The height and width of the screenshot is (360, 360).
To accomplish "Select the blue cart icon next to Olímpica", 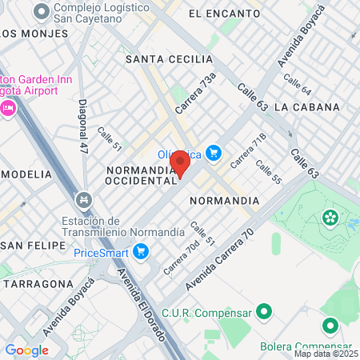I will pos(213,153).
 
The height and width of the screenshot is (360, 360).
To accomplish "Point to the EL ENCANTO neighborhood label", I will pos(224,14).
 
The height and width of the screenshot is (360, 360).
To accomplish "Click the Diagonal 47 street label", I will pos(83,126).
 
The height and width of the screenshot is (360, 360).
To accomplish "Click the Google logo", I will pos(26,350).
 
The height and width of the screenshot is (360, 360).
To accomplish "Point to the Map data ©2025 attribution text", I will pos(326,354).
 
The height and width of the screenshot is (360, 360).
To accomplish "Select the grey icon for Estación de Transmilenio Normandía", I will pos(82,198).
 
